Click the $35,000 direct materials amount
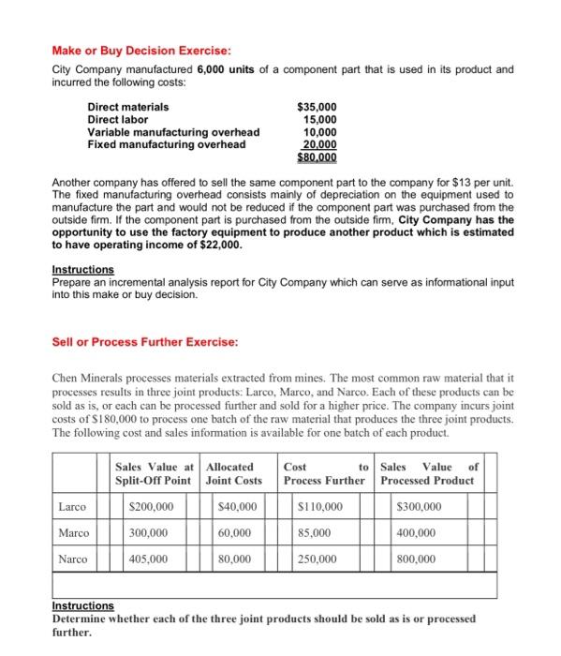[x=316, y=108]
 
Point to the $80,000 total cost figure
[x=316, y=157]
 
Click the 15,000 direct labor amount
[x=318, y=120]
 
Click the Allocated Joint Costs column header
[x=234, y=472]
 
